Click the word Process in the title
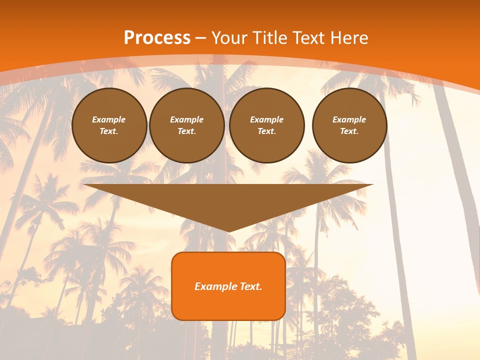pyautogui.click(x=157, y=38)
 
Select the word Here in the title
pyautogui.click(x=350, y=38)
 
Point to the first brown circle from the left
pyautogui.click(x=109, y=125)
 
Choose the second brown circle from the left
pyautogui.click(x=186, y=125)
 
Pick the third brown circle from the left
pyautogui.click(x=266, y=125)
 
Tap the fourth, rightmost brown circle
pyautogui.click(x=349, y=125)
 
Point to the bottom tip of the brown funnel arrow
pyautogui.click(x=228, y=231)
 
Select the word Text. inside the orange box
pyautogui.click(x=251, y=286)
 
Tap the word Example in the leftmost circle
pyautogui.click(x=109, y=119)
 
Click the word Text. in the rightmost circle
pyautogui.click(x=349, y=131)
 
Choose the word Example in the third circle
pyautogui.click(x=266, y=119)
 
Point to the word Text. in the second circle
pyautogui.click(x=186, y=131)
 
